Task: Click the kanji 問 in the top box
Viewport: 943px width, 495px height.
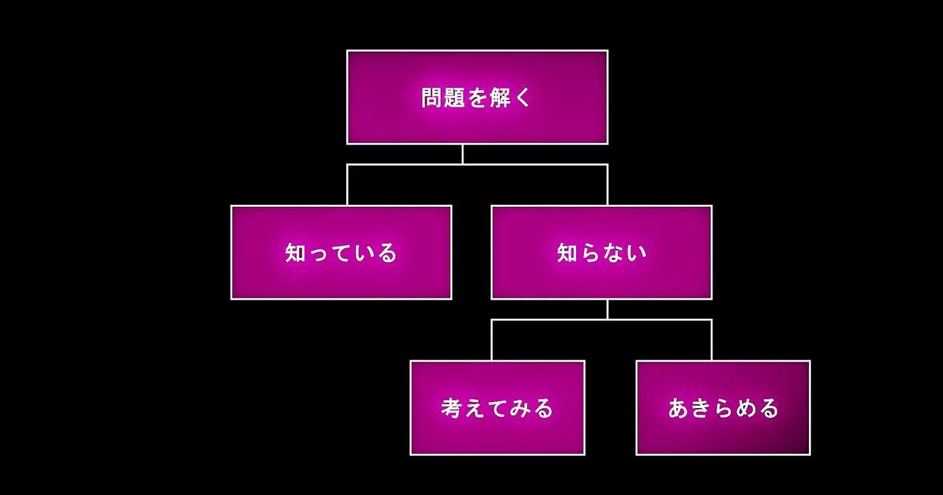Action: coord(432,98)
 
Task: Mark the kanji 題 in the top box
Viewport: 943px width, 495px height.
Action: coord(454,98)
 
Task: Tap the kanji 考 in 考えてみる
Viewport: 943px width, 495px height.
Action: coord(452,408)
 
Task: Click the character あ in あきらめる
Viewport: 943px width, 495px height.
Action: coord(679,408)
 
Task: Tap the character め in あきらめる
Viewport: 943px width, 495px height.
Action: coord(745,408)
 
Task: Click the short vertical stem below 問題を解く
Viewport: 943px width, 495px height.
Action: coord(463,154)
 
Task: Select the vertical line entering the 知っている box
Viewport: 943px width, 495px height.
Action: coord(347,185)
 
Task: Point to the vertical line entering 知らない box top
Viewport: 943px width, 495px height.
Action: coord(607,185)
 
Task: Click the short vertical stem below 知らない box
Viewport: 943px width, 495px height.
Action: coord(607,309)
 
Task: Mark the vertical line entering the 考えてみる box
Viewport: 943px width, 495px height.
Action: coord(491,340)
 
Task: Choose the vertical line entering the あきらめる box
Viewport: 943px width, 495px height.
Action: coord(711,340)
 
